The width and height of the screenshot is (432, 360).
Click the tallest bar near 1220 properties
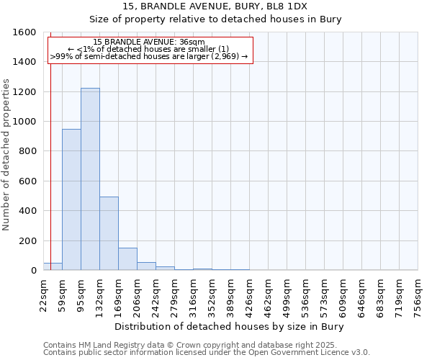click(90, 180)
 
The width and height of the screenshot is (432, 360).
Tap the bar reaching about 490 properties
click(109, 234)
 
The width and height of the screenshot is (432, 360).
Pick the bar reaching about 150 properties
click(127, 259)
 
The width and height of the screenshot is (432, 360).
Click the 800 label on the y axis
click(26, 151)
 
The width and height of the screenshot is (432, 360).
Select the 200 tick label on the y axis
click(26, 240)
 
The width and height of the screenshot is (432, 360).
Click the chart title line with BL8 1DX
click(215, 6)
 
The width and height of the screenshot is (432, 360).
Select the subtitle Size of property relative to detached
click(215, 19)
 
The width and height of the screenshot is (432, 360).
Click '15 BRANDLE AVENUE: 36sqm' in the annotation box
click(150, 42)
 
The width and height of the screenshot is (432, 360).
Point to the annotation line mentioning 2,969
click(150, 56)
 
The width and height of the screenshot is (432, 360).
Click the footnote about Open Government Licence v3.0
click(207, 353)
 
